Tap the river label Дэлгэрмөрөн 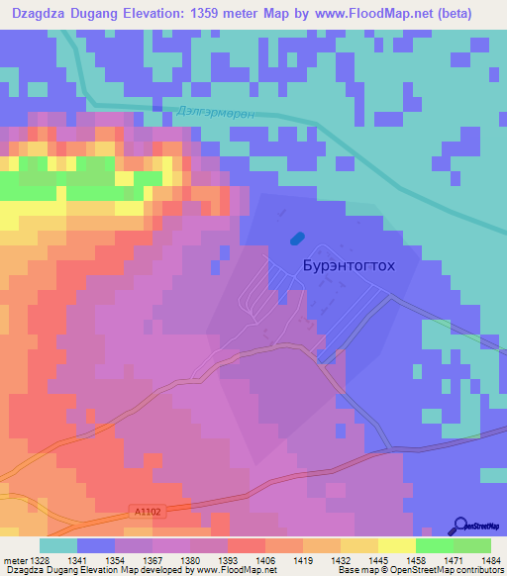(x=220, y=114)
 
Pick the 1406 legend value (x=265, y=559)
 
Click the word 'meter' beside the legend (x=14, y=559)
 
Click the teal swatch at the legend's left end (x=57, y=545)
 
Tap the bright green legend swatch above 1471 (x=434, y=545)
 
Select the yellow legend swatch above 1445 (x=358, y=545)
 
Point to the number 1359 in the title (x=203, y=13)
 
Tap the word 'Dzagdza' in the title (x=41, y=13)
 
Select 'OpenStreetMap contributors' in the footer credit (x=446, y=570)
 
